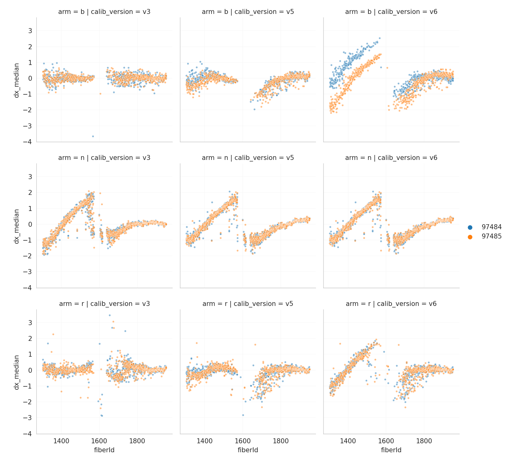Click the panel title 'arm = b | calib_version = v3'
(x=104, y=12)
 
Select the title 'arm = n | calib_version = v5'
(x=248, y=158)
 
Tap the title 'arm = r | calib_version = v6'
(x=391, y=304)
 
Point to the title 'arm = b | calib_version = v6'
(x=391, y=12)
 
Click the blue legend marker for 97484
(x=470, y=227)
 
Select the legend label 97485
(x=491, y=237)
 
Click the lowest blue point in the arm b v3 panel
(x=93, y=136)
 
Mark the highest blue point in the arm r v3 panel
(x=110, y=315)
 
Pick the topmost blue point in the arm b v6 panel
(x=380, y=38)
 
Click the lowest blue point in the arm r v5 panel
(x=243, y=415)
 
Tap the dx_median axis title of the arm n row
(x=17, y=226)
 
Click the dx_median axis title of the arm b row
(x=17, y=80)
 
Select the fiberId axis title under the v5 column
(x=248, y=450)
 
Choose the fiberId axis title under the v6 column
(x=391, y=450)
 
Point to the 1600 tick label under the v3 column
(x=99, y=441)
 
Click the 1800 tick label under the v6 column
(x=424, y=441)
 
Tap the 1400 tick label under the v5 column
(x=204, y=441)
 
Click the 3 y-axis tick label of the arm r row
(x=30, y=323)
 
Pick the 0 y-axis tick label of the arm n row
(x=30, y=224)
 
